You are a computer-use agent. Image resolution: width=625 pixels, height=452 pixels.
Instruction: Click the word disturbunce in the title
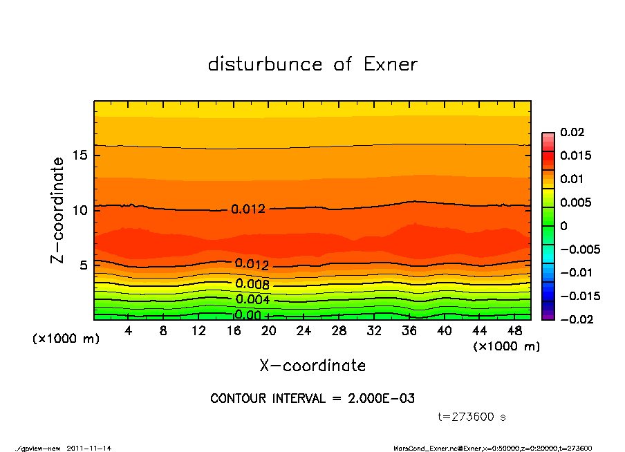click(265, 64)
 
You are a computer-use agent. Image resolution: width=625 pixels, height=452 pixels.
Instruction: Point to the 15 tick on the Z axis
click(80, 156)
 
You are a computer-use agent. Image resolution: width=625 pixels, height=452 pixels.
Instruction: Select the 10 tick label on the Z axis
click(80, 210)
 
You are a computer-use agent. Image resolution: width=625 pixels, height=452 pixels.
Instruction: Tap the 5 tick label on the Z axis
click(84, 265)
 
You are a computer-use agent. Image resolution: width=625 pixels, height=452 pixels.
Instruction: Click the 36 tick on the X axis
click(409, 331)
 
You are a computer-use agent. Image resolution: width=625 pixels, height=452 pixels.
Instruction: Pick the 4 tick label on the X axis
click(129, 331)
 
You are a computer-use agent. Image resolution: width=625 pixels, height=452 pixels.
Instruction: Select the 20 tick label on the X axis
click(268, 331)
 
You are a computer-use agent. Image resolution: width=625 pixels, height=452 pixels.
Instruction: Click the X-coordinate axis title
click(312, 366)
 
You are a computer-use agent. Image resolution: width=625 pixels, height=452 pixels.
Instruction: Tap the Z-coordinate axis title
click(58, 209)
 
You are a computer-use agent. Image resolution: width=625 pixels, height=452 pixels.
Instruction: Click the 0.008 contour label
click(252, 284)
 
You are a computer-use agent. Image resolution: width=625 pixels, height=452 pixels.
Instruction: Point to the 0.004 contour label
click(252, 300)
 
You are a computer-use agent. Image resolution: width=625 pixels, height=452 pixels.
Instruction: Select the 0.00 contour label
click(248, 315)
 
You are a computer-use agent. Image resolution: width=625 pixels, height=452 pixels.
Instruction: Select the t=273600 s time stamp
click(472, 417)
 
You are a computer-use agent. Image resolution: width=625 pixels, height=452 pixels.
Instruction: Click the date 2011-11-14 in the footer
click(89, 448)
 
